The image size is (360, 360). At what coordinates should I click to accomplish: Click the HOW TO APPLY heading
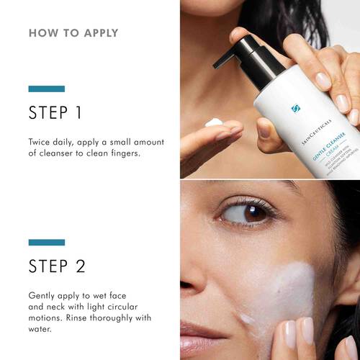click(73, 33)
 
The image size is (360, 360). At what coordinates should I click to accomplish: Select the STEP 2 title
click(58, 266)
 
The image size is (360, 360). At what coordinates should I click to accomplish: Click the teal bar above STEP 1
click(47, 89)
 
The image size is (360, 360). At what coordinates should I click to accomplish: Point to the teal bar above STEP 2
click(47, 243)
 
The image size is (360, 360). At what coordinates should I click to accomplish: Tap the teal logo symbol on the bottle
click(294, 109)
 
